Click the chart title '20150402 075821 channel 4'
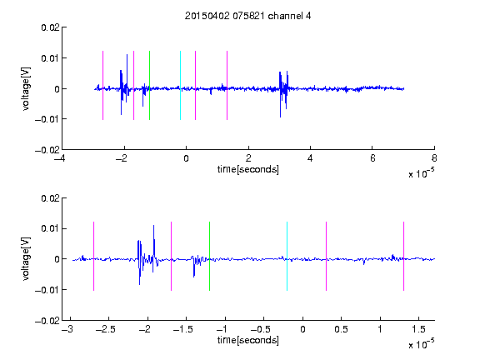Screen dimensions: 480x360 [x=247, y=16]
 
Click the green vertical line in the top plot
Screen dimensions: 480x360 [x=149, y=85]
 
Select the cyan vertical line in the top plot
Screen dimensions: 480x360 [x=180, y=85]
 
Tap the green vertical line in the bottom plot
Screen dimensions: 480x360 [x=209, y=256]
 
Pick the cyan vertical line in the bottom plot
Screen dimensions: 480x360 [x=287, y=256]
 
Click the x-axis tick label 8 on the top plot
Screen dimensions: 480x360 [x=434, y=158]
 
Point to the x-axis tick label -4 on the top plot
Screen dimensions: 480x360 [x=59, y=158]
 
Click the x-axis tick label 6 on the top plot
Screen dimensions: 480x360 [x=372, y=158]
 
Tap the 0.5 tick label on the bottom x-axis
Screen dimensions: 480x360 [x=341, y=329]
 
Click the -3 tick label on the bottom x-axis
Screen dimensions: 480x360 [x=67, y=329]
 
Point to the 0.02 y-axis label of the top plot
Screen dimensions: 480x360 [x=50, y=27]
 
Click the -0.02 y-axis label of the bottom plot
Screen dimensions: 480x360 [x=47, y=321]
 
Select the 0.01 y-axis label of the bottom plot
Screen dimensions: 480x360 [x=50, y=228]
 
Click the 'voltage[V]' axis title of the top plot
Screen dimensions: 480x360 [x=26, y=89]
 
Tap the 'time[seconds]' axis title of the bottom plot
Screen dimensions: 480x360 [x=248, y=340]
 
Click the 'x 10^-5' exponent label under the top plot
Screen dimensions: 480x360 [x=421, y=173]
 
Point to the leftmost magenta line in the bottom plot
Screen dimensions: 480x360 [x=93, y=256]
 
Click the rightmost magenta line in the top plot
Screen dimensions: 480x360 [x=227, y=85]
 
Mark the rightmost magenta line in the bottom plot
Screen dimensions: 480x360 [x=403, y=256]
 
